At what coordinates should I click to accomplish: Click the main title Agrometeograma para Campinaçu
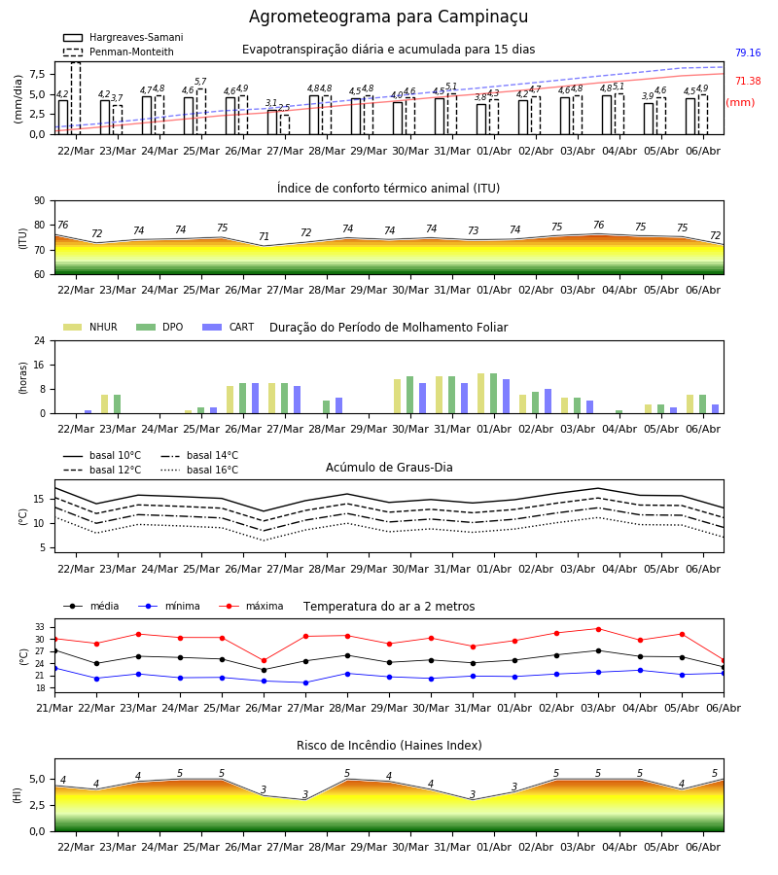pyautogui.click(x=388, y=17)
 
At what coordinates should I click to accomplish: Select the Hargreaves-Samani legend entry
pyautogui.click(x=123, y=37)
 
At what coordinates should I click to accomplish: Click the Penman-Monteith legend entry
pyautogui.click(x=119, y=52)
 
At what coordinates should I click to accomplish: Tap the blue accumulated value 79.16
pyautogui.click(x=748, y=53)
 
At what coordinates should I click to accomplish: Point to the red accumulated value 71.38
pyautogui.click(x=748, y=81)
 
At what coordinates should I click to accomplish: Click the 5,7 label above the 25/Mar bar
pyautogui.click(x=200, y=82)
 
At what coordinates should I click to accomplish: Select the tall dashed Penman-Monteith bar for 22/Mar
pyautogui.click(x=76, y=98)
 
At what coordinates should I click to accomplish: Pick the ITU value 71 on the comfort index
pyautogui.click(x=264, y=236)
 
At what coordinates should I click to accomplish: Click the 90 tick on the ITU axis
pyautogui.click(x=40, y=201)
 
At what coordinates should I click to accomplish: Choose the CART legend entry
pyautogui.click(x=229, y=327)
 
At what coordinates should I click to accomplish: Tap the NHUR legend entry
pyautogui.click(x=90, y=327)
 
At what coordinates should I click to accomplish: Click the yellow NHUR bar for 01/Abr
pyautogui.click(x=481, y=394)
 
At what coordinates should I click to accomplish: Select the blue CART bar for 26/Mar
pyautogui.click(x=255, y=399)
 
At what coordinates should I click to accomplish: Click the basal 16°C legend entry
pyautogui.click(x=199, y=470)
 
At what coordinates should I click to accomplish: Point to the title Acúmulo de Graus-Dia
pyautogui.click(x=389, y=468)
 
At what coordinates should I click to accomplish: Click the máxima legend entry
pyautogui.click(x=251, y=606)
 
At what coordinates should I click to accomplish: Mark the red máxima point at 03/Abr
pyautogui.click(x=598, y=629)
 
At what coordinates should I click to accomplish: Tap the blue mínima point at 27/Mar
pyautogui.click(x=305, y=682)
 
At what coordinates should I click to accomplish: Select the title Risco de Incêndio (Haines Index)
pyautogui.click(x=389, y=746)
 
